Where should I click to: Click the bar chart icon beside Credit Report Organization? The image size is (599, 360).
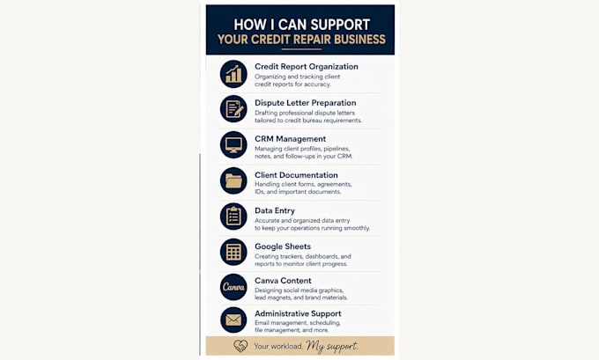233,74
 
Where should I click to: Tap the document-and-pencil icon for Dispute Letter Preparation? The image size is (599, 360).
233,109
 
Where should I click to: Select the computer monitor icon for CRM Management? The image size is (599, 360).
233,144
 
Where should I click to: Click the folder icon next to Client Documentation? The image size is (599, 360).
233,180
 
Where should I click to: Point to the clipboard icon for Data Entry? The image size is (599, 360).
233,217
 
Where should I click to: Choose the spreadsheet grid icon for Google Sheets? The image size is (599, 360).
233,252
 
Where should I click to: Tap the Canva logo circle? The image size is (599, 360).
233,287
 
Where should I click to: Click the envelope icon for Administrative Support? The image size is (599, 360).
233,320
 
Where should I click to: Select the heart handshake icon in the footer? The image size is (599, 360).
240,346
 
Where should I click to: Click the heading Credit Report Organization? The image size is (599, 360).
307,66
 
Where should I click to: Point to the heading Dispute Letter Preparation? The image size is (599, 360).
306,103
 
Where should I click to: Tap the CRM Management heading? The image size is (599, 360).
291,139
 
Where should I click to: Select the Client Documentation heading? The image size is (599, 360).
296,175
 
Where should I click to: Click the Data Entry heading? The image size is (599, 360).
275,210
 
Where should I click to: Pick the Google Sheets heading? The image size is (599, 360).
283,246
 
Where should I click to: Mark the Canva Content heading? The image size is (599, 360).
283,281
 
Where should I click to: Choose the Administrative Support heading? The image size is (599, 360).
298,313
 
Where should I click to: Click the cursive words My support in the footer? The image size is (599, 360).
332,346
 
